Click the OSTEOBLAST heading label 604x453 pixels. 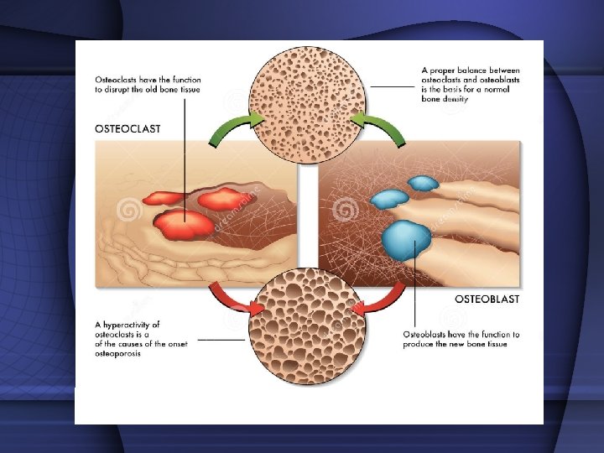tap(487, 299)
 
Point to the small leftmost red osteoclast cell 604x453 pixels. tap(164, 199)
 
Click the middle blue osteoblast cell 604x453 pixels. tap(389, 199)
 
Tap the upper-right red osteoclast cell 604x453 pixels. tap(219, 199)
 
